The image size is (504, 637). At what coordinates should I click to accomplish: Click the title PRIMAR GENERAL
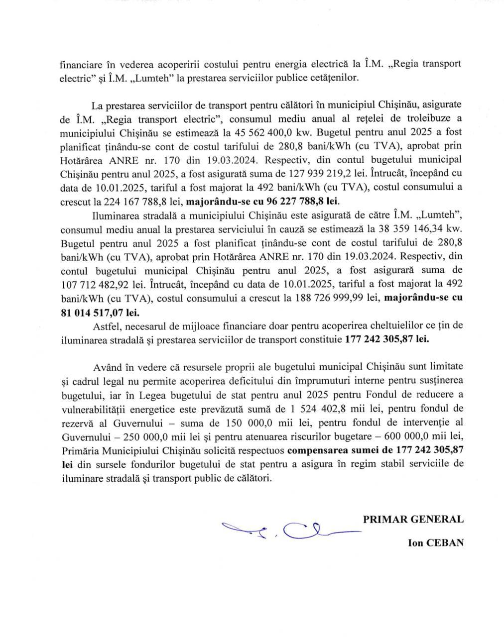[x=413, y=519]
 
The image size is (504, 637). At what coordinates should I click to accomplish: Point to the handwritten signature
[x=289, y=531]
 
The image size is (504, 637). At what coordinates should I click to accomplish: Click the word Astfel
[x=107, y=325]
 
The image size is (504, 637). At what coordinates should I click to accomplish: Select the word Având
[x=107, y=367]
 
